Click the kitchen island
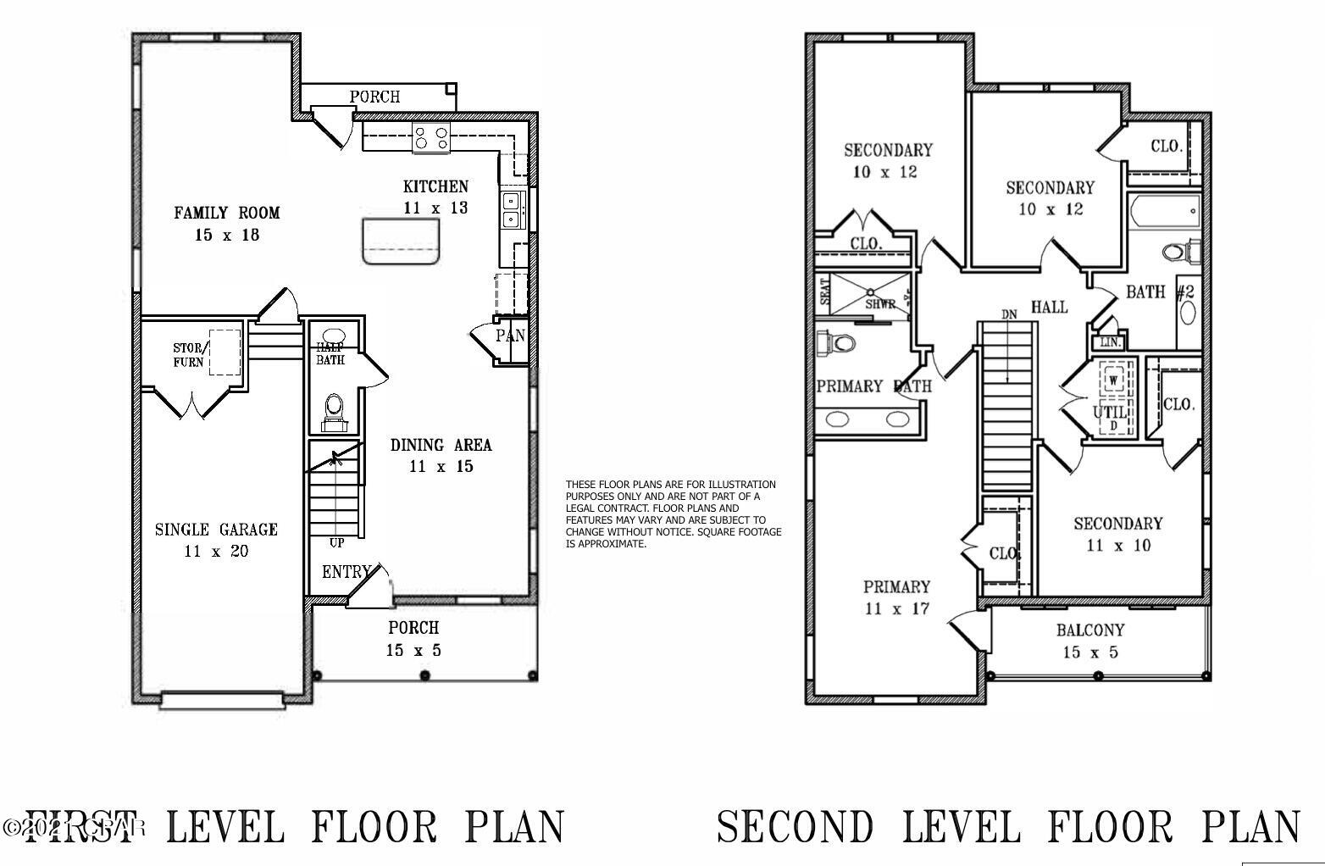(402, 241)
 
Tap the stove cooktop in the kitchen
(431, 138)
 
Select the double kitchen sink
(512, 210)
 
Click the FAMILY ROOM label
(226, 213)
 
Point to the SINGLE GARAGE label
(216, 530)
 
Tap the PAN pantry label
(510, 336)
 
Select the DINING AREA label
(441, 445)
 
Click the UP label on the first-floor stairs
(336, 542)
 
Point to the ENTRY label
(346, 573)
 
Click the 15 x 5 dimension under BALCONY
(1090, 652)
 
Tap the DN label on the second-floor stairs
(1008, 314)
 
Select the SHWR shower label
(880, 304)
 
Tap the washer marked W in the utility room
(1113, 380)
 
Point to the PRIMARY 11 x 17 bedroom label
(896, 597)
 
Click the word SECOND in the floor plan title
(795, 826)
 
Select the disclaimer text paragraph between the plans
(674, 514)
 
